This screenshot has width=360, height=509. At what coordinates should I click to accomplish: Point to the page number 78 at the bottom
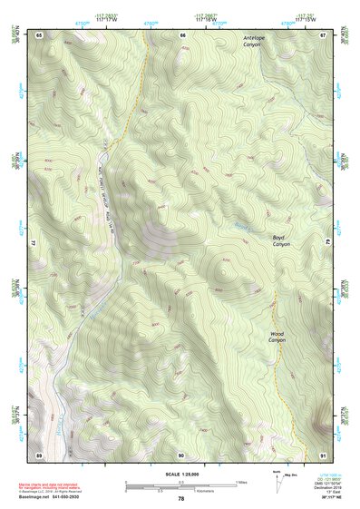pyautogui.click(x=180, y=499)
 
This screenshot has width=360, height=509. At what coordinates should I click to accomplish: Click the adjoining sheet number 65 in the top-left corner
pyautogui.click(x=39, y=34)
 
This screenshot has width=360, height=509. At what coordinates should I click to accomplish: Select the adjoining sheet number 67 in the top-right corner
pyautogui.click(x=323, y=34)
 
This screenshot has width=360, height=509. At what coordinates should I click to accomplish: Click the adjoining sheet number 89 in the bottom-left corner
pyautogui.click(x=39, y=454)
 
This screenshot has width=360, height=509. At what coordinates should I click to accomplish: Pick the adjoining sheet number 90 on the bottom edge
pyautogui.click(x=181, y=454)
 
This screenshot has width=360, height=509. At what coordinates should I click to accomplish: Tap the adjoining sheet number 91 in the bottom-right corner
pyautogui.click(x=323, y=454)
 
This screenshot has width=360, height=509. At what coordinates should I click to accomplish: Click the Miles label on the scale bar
pyautogui.click(x=241, y=481)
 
